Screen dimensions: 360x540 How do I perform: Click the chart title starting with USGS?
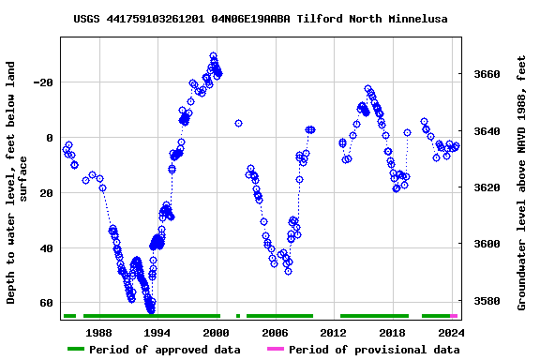261,19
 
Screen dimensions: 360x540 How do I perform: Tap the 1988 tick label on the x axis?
98,333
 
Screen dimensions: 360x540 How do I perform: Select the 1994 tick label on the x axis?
157,333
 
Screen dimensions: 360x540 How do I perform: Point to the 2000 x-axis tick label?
217,333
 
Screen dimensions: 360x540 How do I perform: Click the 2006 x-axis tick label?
275,333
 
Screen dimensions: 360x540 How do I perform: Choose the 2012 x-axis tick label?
334,333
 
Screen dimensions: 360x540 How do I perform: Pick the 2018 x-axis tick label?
392,333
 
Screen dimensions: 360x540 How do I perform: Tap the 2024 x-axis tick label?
451,333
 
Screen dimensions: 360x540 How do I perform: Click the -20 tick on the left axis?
42,82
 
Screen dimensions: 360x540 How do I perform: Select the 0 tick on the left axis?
50,138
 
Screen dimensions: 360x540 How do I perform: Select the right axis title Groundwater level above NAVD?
522,182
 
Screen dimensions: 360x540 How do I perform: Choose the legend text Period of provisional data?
374,350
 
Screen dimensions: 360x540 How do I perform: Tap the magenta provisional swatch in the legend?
275,350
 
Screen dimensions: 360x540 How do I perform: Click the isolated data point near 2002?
238,123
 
